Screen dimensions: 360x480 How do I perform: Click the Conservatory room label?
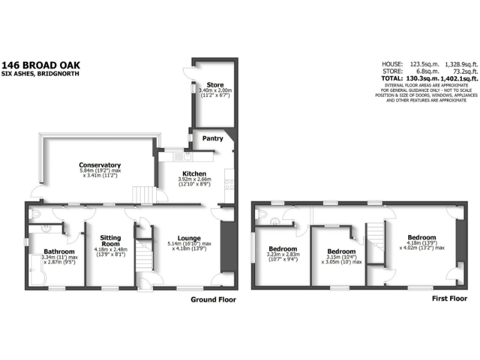100,165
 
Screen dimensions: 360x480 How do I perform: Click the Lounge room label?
188,237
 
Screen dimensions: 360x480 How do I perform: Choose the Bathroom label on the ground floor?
51,250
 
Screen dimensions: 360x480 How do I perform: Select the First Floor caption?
449,299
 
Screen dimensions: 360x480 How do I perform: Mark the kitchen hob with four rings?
229,184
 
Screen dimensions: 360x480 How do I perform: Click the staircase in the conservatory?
144,195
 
